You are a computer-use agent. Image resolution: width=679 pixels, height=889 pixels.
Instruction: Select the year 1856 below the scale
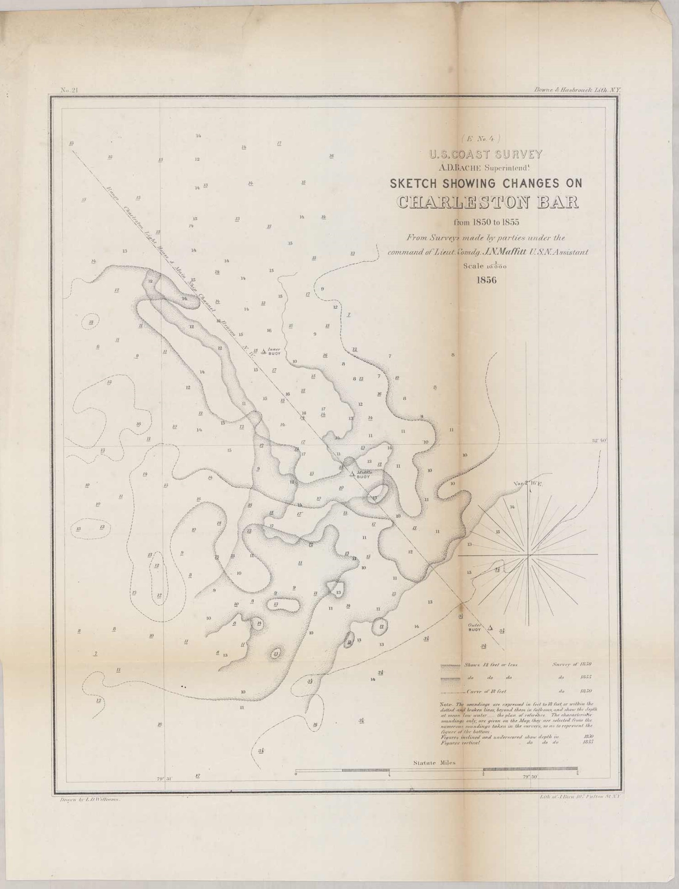[486, 279]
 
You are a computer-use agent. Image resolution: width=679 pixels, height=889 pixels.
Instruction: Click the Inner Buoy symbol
[264, 351]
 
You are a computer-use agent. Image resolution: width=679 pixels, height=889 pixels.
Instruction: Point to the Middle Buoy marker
[352, 473]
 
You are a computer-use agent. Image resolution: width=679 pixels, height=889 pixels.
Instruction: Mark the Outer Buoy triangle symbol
[490, 627]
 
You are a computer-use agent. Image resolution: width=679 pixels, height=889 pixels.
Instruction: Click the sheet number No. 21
[70, 90]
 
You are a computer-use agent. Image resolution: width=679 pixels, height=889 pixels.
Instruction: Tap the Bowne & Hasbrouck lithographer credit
[577, 90]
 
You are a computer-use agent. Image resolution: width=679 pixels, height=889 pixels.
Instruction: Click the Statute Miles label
[434, 762]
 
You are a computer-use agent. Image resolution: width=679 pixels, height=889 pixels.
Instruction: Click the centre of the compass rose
[528, 555]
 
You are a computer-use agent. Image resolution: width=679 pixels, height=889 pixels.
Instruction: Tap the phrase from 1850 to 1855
[486, 223]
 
